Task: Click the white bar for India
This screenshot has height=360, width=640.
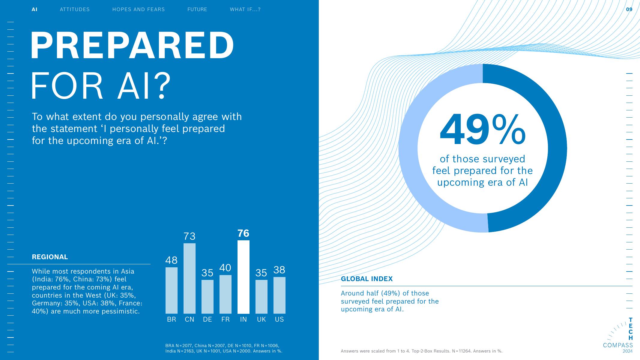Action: tap(243, 277)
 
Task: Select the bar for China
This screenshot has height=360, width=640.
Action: tap(190, 278)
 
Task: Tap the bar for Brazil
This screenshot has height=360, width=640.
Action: tap(172, 290)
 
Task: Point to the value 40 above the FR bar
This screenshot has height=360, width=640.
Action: tap(225, 268)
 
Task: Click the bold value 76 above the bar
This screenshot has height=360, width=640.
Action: tap(243, 233)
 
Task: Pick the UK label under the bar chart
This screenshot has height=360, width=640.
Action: tap(261, 319)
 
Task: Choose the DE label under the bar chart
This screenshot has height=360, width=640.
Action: tap(208, 319)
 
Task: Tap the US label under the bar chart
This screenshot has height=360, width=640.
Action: tap(279, 319)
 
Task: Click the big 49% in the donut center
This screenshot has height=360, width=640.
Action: tap(482, 130)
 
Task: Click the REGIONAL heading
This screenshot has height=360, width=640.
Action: tap(50, 257)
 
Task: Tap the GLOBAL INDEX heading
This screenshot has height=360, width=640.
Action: tap(367, 279)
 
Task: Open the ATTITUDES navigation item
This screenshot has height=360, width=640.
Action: tap(75, 9)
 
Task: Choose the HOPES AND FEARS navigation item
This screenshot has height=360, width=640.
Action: tap(139, 9)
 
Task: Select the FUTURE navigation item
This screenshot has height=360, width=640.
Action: tap(197, 9)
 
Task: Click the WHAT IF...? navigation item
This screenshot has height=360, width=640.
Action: tap(245, 9)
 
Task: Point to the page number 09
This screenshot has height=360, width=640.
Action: tap(629, 9)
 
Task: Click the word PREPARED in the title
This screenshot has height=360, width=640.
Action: tap(132, 45)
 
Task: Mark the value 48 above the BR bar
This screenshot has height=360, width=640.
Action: tap(172, 260)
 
